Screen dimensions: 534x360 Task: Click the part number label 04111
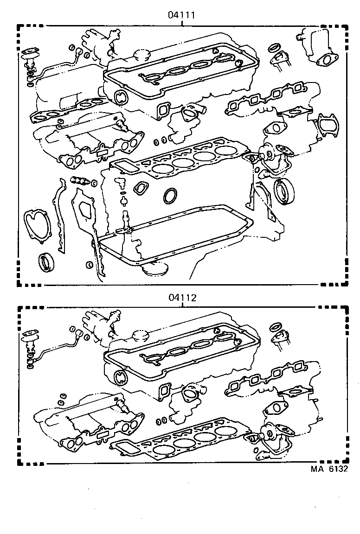(181, 14)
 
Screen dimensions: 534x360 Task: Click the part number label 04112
(182, 298)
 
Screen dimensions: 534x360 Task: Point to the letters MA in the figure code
(317, 469)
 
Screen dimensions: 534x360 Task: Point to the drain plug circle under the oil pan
(153, 269)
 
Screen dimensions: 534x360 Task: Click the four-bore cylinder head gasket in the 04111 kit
(190, 160)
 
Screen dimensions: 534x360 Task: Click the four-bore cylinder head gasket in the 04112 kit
(190, 440)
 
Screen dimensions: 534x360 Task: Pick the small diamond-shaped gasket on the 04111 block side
(140, 188)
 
